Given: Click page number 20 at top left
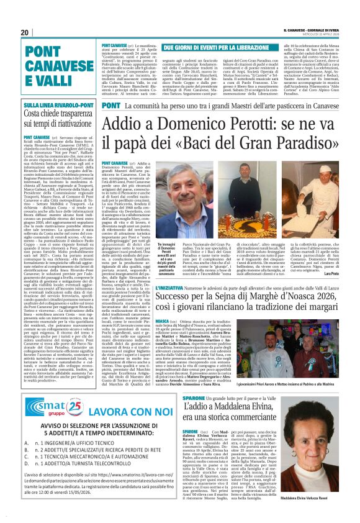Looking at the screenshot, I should coord(25,32).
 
